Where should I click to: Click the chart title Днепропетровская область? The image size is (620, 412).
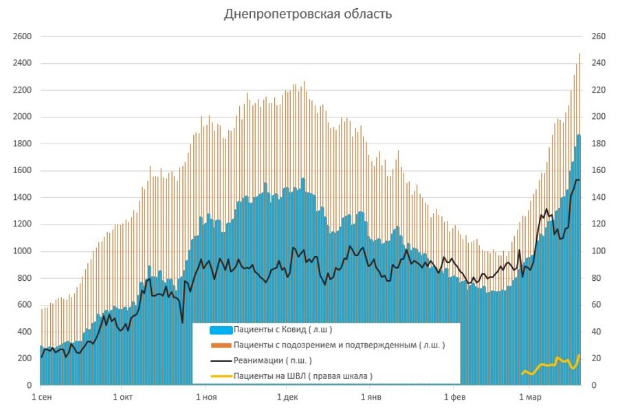pyautogui.click(x=308, y=14)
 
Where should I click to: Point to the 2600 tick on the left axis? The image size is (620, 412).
pyautogui.click(x=23, y=36)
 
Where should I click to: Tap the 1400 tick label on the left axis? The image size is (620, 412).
pyautogui.click(x=23, y=198)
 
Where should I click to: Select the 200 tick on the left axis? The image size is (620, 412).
pyautogui.click(x=25, y=358)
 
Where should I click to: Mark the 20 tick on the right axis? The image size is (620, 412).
pyautogui.click(x=595, y=358)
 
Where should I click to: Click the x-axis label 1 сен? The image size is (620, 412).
pyautogui.click(x=42, y=397)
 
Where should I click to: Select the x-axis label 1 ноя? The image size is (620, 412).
pyautogui.click(x=206, y=397)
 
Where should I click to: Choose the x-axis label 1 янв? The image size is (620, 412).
pyautogui.click(x=370, y=397)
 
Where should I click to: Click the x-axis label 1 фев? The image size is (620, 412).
pyautogui.click(x=454, y=397)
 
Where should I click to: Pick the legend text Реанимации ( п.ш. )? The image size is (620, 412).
pyautogui.click(x=272, y=360)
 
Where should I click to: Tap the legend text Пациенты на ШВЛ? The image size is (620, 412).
pyautogui.click(x=303, y=376)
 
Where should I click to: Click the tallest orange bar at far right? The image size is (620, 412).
pyautogui.click(x=579, y=206)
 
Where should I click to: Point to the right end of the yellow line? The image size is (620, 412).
pyautogui.click(x=579, y=356)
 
